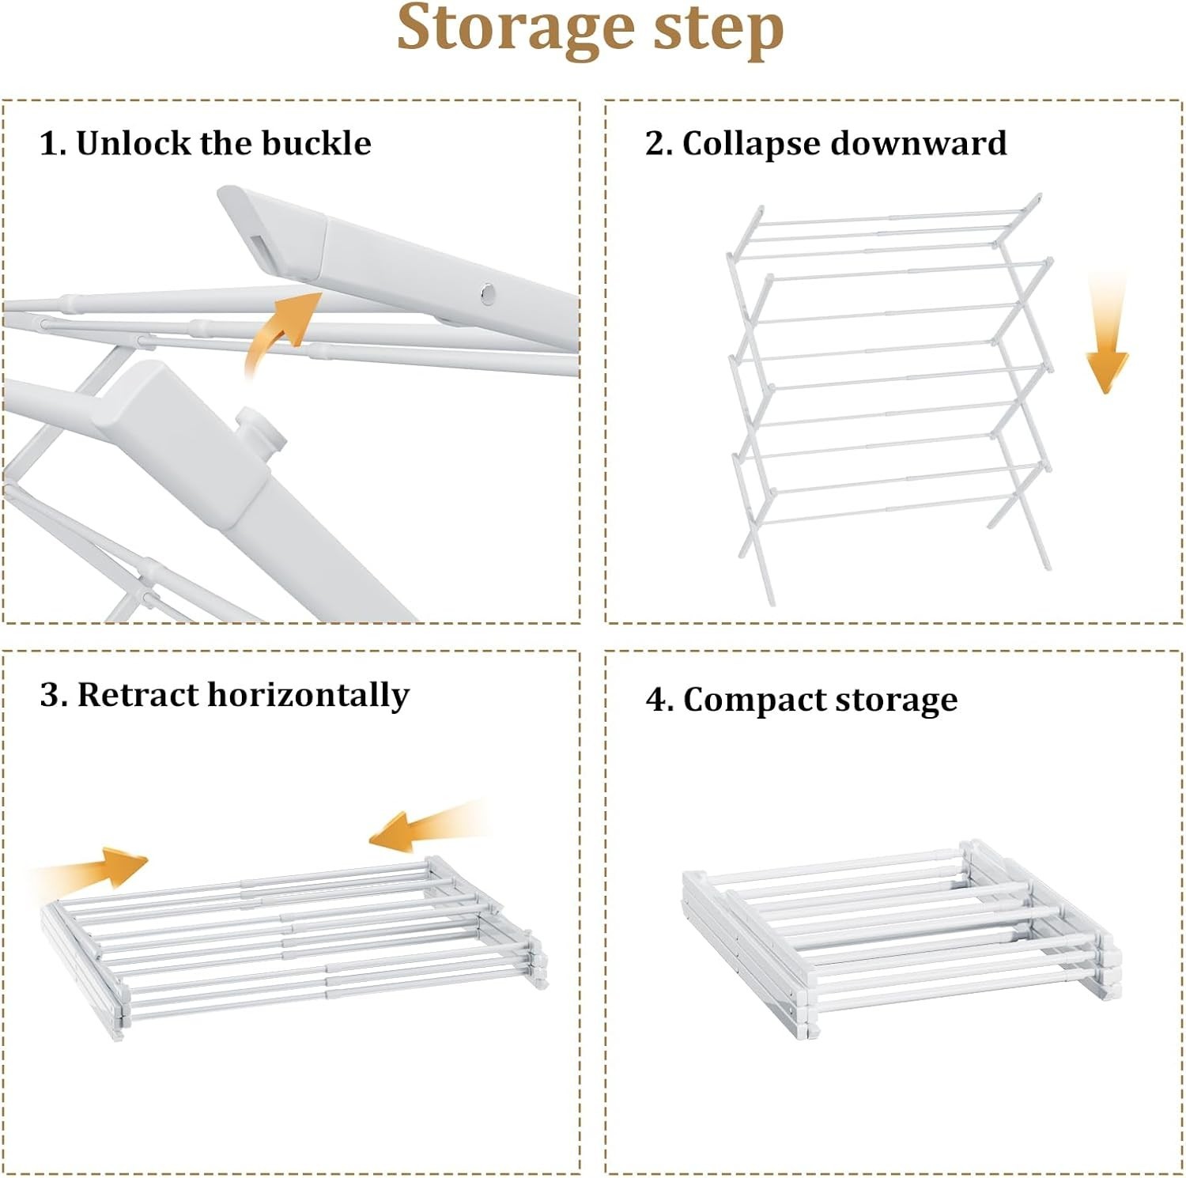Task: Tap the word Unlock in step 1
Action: [x=134, y=143]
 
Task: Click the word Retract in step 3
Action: [x=138, y=695]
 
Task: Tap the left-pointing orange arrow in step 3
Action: [x=419, y=830]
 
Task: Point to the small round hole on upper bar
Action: [x=488, y=295]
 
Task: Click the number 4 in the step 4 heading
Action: [x=657, y=700]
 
